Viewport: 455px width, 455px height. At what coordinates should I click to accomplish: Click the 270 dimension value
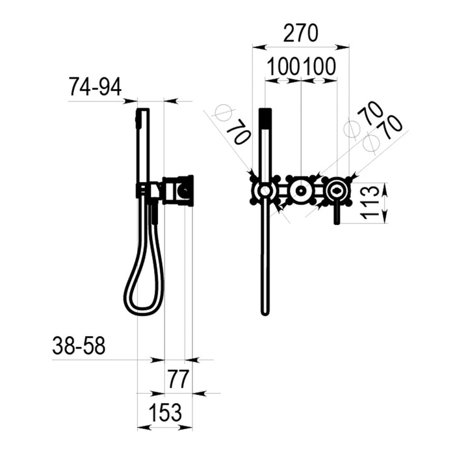[x=300, y=33]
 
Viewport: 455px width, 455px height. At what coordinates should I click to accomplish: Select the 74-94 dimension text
[x=95, y=87]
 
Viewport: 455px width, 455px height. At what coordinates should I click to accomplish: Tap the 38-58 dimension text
[x=79, y=346]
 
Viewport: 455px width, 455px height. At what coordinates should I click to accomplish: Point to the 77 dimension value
[x=179, y=379]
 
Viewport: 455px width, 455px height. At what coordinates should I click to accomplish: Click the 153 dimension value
[x=165, y=412]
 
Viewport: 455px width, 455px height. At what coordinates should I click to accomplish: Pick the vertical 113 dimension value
[x=370, y=203]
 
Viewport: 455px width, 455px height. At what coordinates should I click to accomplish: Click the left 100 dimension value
[x=283, y=66]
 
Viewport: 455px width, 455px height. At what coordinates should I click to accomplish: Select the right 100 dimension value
[x=319, y=66]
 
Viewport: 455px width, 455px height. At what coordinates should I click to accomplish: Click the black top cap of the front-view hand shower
[x=265, y=119]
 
